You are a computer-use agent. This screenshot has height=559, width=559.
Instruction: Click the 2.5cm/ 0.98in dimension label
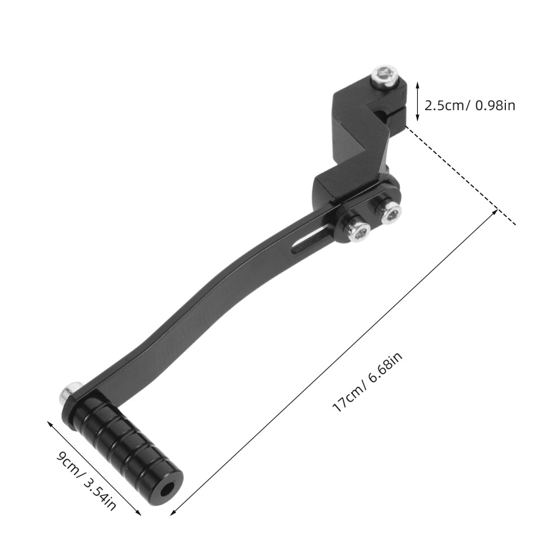coord(470,106)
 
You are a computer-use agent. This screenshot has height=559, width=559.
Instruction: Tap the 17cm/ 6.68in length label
coord(367,382)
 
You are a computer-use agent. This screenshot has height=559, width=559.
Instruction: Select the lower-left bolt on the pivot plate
coord(356,231)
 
